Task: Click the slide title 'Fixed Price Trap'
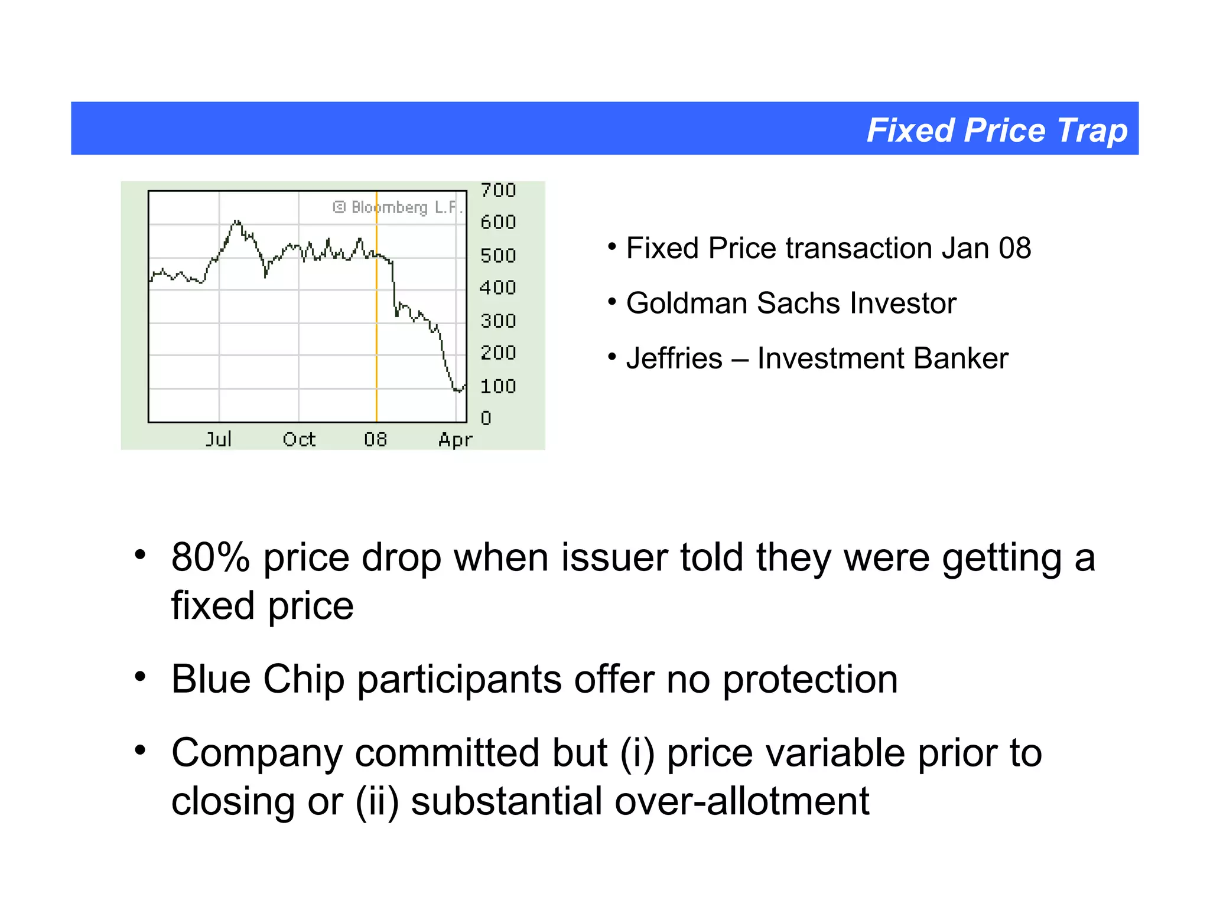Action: [x=997, y=130]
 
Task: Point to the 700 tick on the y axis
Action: [x=498, y=190]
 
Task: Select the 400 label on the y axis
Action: [x=498, y=288]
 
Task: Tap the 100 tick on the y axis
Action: [x=498, y=386]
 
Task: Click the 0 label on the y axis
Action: [x=486, y=418]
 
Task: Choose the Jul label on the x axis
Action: [x=218, y=439]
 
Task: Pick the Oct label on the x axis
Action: [x=299, y=439]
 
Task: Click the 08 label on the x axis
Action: [x=375, y=439]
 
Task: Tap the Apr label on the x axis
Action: [x=455, y=440]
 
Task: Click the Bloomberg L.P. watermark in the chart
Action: [x=397, y=207]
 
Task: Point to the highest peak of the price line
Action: [x=237, y=221]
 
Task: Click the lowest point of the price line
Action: [x=458, y=391]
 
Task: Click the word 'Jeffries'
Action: [x=674, y=358]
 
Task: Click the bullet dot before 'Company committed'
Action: [x=140, y=750]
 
